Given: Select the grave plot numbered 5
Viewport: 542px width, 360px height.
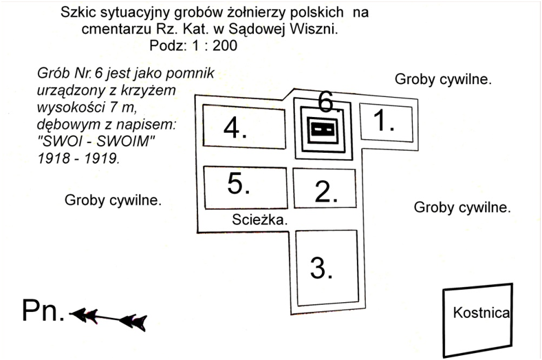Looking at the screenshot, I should point(244,187).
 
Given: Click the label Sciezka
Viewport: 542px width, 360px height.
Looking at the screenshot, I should point(258,220).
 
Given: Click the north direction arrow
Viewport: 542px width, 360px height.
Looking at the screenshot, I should point(110,317).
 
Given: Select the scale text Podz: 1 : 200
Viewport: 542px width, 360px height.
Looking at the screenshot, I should point(194,46).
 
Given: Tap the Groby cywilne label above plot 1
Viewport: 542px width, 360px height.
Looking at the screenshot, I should point(443,79).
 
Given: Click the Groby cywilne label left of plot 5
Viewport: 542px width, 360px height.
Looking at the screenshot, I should point(113,201).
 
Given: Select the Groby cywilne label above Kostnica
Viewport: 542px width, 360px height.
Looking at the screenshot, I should point(462,207).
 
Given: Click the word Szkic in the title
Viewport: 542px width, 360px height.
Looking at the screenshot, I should point(76,12).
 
